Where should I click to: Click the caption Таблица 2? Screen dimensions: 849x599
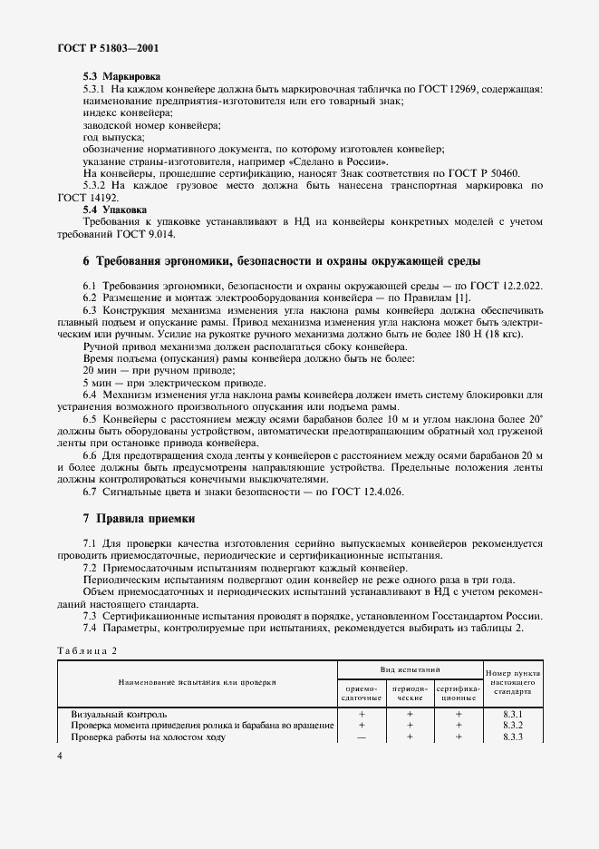click(87, 651)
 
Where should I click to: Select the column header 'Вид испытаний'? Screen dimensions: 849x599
click(410, 667)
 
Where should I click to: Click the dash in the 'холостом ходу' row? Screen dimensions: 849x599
click(362, 737)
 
